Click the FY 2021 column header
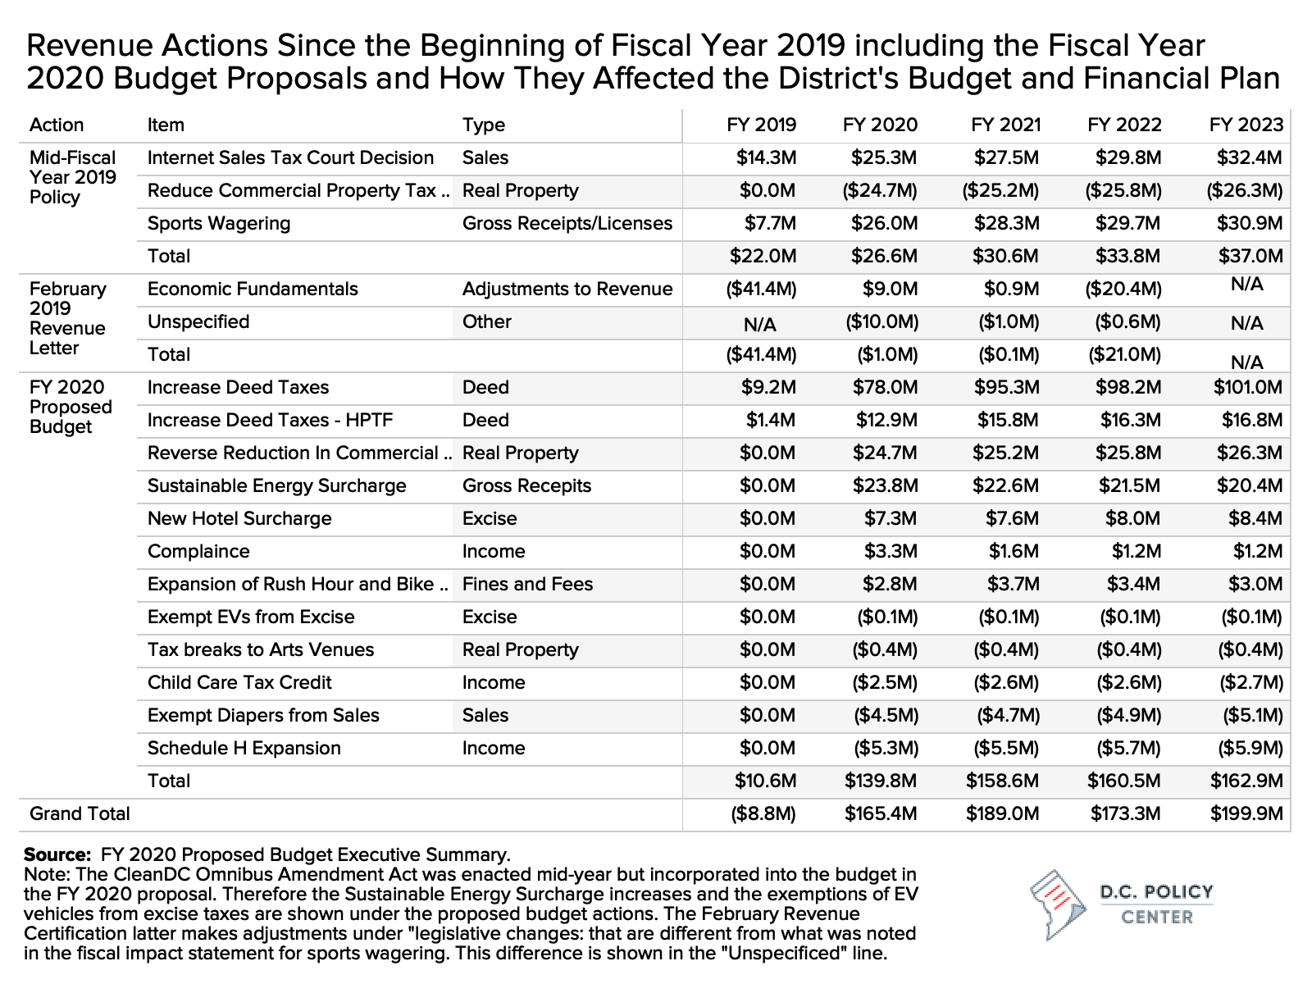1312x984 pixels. pos(1005,125)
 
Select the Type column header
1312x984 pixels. pos(484,125)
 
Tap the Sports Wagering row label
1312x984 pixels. pos(219,223)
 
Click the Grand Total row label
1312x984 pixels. pos(80,813)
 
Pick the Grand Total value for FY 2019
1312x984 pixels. pos(763,813)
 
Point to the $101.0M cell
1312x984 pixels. pos(1247,387)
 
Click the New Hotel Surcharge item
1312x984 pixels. pos(239,518)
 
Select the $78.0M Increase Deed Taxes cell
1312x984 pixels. pos(885,387)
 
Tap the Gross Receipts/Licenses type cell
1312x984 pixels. pos(567,223)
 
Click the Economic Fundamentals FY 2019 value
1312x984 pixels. pos(761,289)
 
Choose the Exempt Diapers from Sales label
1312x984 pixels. pos(263,715)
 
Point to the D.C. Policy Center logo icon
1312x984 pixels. pos(1058,904)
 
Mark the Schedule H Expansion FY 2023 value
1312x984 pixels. pos(1250,748)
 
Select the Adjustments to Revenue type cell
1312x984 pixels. pos(567,289)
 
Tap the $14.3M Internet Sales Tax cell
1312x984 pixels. pos(766,157)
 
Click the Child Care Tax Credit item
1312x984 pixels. pos(239,683)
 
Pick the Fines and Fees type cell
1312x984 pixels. pos(527,585)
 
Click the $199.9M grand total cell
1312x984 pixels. pos(1246,813)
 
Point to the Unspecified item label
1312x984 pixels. pos(198,322)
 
